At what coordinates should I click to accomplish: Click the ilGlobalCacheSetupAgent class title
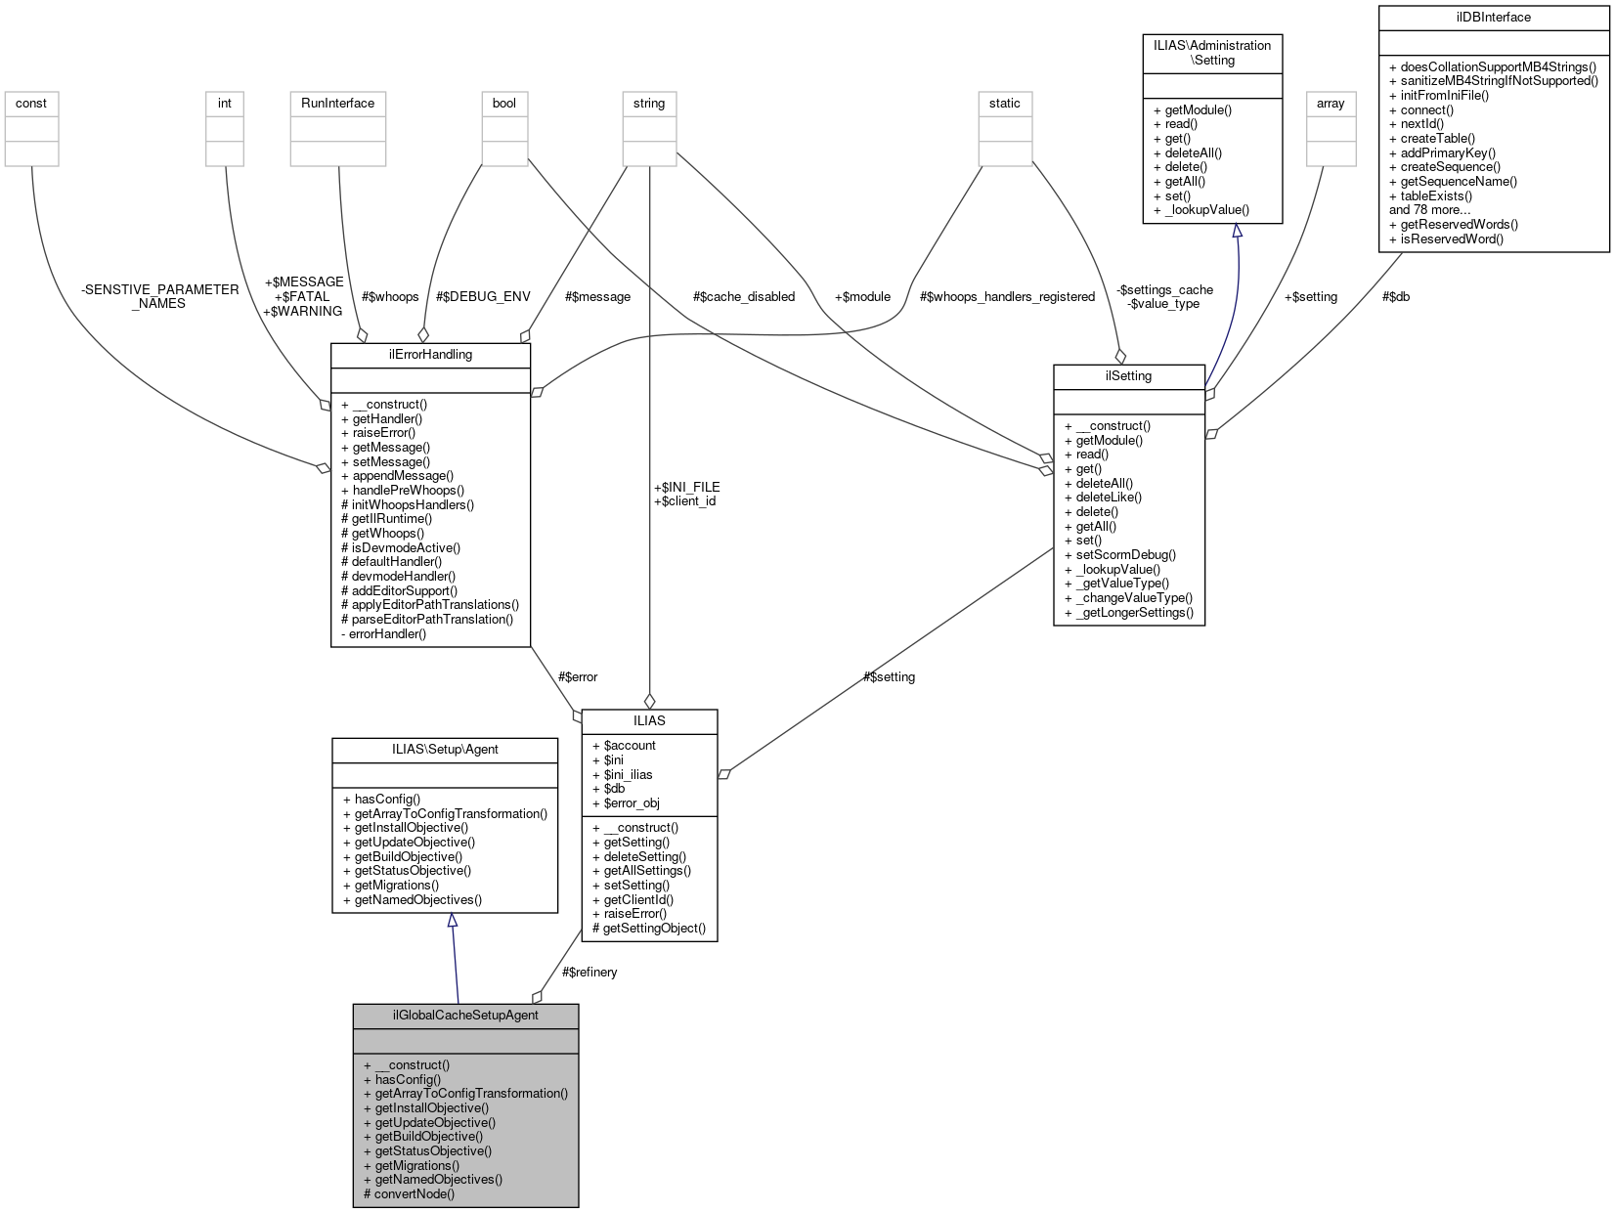point(465,1015)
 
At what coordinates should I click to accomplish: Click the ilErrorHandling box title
point(430,354)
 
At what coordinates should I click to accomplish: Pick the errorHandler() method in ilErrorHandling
point(388,633)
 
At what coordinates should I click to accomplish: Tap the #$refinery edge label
point(589,972)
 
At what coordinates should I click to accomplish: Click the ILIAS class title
point(649,720)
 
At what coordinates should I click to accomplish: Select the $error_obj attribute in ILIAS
point(632,802)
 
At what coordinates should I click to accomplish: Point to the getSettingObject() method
point(654,928)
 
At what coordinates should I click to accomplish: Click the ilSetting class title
point(1128,375)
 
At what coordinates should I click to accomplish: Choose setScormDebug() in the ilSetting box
point(1125,554)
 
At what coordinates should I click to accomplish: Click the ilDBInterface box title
point(1493,17)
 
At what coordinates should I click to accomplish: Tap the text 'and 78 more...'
point(1430,209)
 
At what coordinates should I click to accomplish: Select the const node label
point(31,103)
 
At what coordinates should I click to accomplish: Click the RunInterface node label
point(337,103)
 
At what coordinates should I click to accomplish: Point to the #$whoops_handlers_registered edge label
point(1007,296)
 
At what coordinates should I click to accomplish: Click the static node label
point(1004,103)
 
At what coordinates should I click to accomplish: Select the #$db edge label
point(1396,296)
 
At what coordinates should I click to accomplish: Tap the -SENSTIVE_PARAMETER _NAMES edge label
point(159,296)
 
